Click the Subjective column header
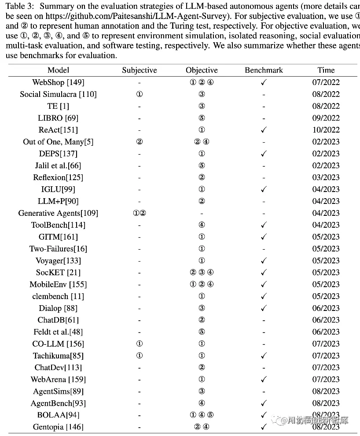[139, 70]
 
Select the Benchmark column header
[264, 70]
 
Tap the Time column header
[326, 70]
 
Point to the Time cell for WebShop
[326, 82]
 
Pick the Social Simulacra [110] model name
[58, 94]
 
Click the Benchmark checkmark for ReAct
[264, 130]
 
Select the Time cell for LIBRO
[326, 118]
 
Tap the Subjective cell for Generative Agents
[139, 213]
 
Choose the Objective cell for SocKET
[202, 273]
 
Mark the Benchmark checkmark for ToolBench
[264, 225]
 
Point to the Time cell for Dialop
[326, 308]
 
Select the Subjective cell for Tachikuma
[139, 356]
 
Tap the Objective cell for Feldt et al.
[202, 332]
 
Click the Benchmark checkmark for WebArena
[264, 380]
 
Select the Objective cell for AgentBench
[202, 403]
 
